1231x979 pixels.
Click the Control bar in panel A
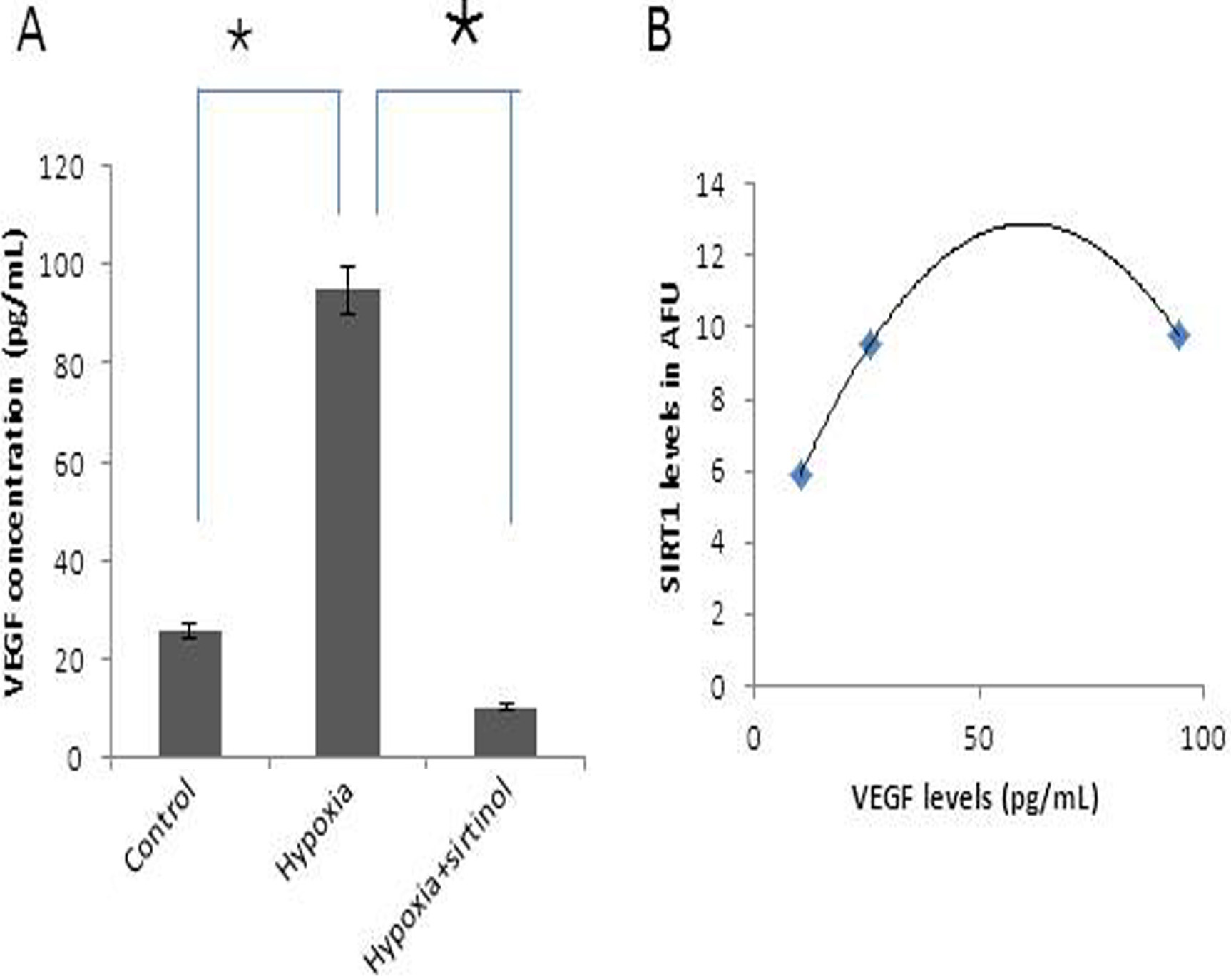(190, 693)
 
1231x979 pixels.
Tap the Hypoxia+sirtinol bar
(505, 732)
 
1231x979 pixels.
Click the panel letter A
(31, 33)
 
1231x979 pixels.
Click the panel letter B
(659, 33)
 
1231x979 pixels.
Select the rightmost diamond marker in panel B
(1180, 336)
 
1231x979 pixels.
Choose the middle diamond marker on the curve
(870, 345)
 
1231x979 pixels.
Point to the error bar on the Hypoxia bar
(347, 290)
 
